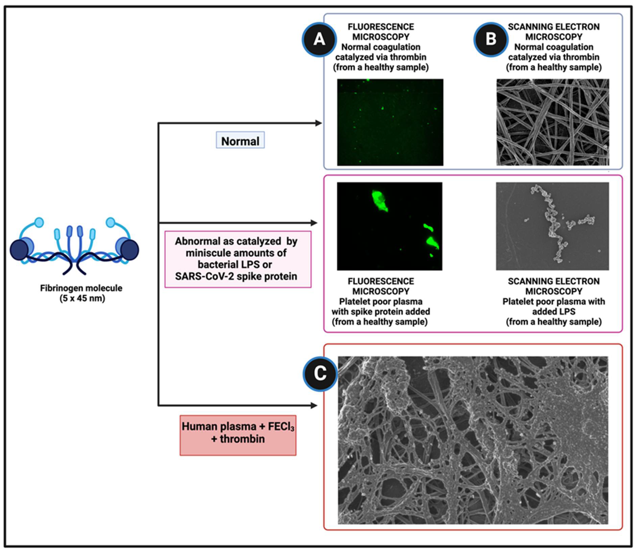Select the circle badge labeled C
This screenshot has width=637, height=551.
(x=320, y=374)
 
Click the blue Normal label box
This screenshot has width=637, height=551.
(x=240, y=140)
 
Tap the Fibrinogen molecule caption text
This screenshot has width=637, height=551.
(x=81, y=293)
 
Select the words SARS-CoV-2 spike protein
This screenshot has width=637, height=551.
(x=236, y=276)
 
